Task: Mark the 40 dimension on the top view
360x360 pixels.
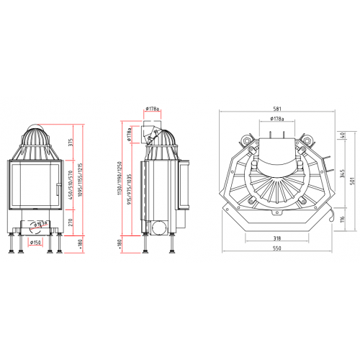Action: pyautogui.click(x=342, y=134)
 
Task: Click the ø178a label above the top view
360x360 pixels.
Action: pyautogui.click(x=276, y=117)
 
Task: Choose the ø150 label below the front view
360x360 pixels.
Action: pyautogui.click(x=35, y=243)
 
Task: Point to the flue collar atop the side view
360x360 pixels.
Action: pyautogui.click(x=152, y=132)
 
